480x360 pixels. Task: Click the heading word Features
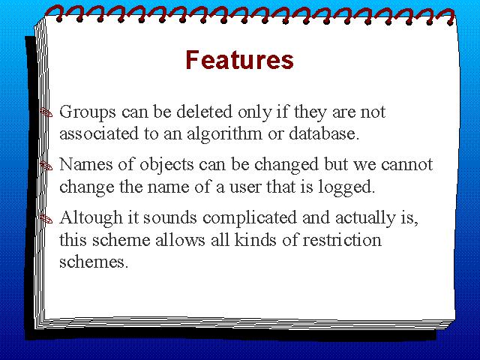pyautogui.click(x=239, y=60)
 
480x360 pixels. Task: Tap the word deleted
pyautogui.click(x=204, y=112)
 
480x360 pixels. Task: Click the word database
pyautogui.click(x=324, y=133)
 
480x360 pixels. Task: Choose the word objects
pyautogui.click(x=166, y=166)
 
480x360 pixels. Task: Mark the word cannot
pyautogui.click(x=406, y=165)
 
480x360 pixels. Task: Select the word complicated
pyautogui.click(x=250, y=219)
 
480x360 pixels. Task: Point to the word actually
pyautogui.click(x=365, y=219)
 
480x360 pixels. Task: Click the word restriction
pyautogui.click(x=342, y=240)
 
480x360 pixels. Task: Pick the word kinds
pyautogui.click(x=256, y=240)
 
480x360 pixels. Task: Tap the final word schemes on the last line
pyautogui.click(x=94, y=262)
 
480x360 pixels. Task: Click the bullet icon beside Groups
pyautogui.click(x=46, y=113)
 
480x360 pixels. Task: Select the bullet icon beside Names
pyautogui.click(x=46, y=166)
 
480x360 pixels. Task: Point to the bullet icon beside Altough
pyautogui.click(x=46, y=219)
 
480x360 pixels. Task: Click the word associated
pyautogui.click(x=99, y=133)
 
